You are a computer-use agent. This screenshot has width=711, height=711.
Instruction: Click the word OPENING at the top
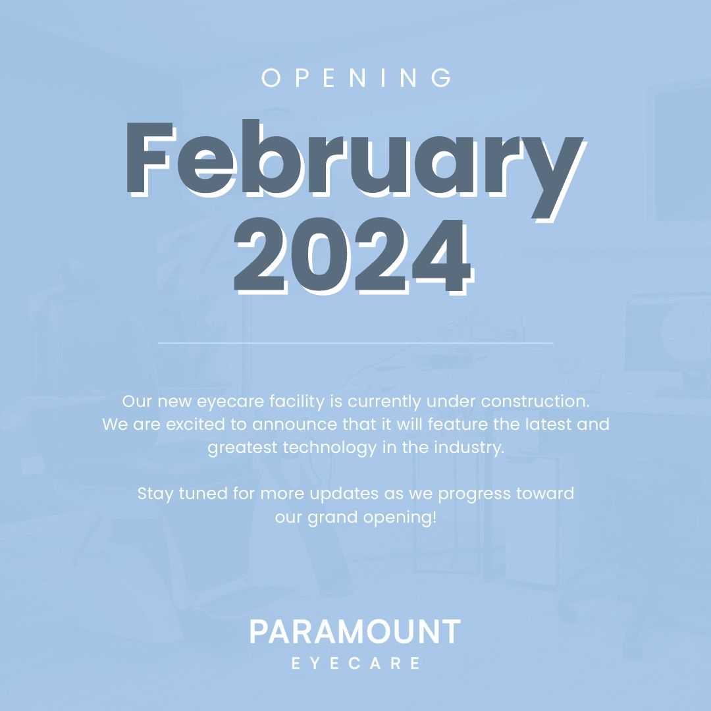[356, 78]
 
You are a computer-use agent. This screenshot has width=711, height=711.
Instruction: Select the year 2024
[353, 257]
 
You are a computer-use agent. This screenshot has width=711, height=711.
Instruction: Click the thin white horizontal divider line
[355, 343]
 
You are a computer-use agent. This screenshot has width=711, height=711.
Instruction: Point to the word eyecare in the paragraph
[219, 401]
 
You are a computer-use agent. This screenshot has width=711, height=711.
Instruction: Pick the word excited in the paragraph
[201, 424]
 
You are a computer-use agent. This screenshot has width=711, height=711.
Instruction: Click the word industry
[467, 448]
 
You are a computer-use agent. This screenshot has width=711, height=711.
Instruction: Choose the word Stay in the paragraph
[155, 493]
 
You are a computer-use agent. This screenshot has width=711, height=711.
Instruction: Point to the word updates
[344, 494]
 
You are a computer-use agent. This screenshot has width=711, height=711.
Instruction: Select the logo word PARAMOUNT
[355, 633]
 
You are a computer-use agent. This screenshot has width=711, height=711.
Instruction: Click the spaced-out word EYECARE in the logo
[355, 663]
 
